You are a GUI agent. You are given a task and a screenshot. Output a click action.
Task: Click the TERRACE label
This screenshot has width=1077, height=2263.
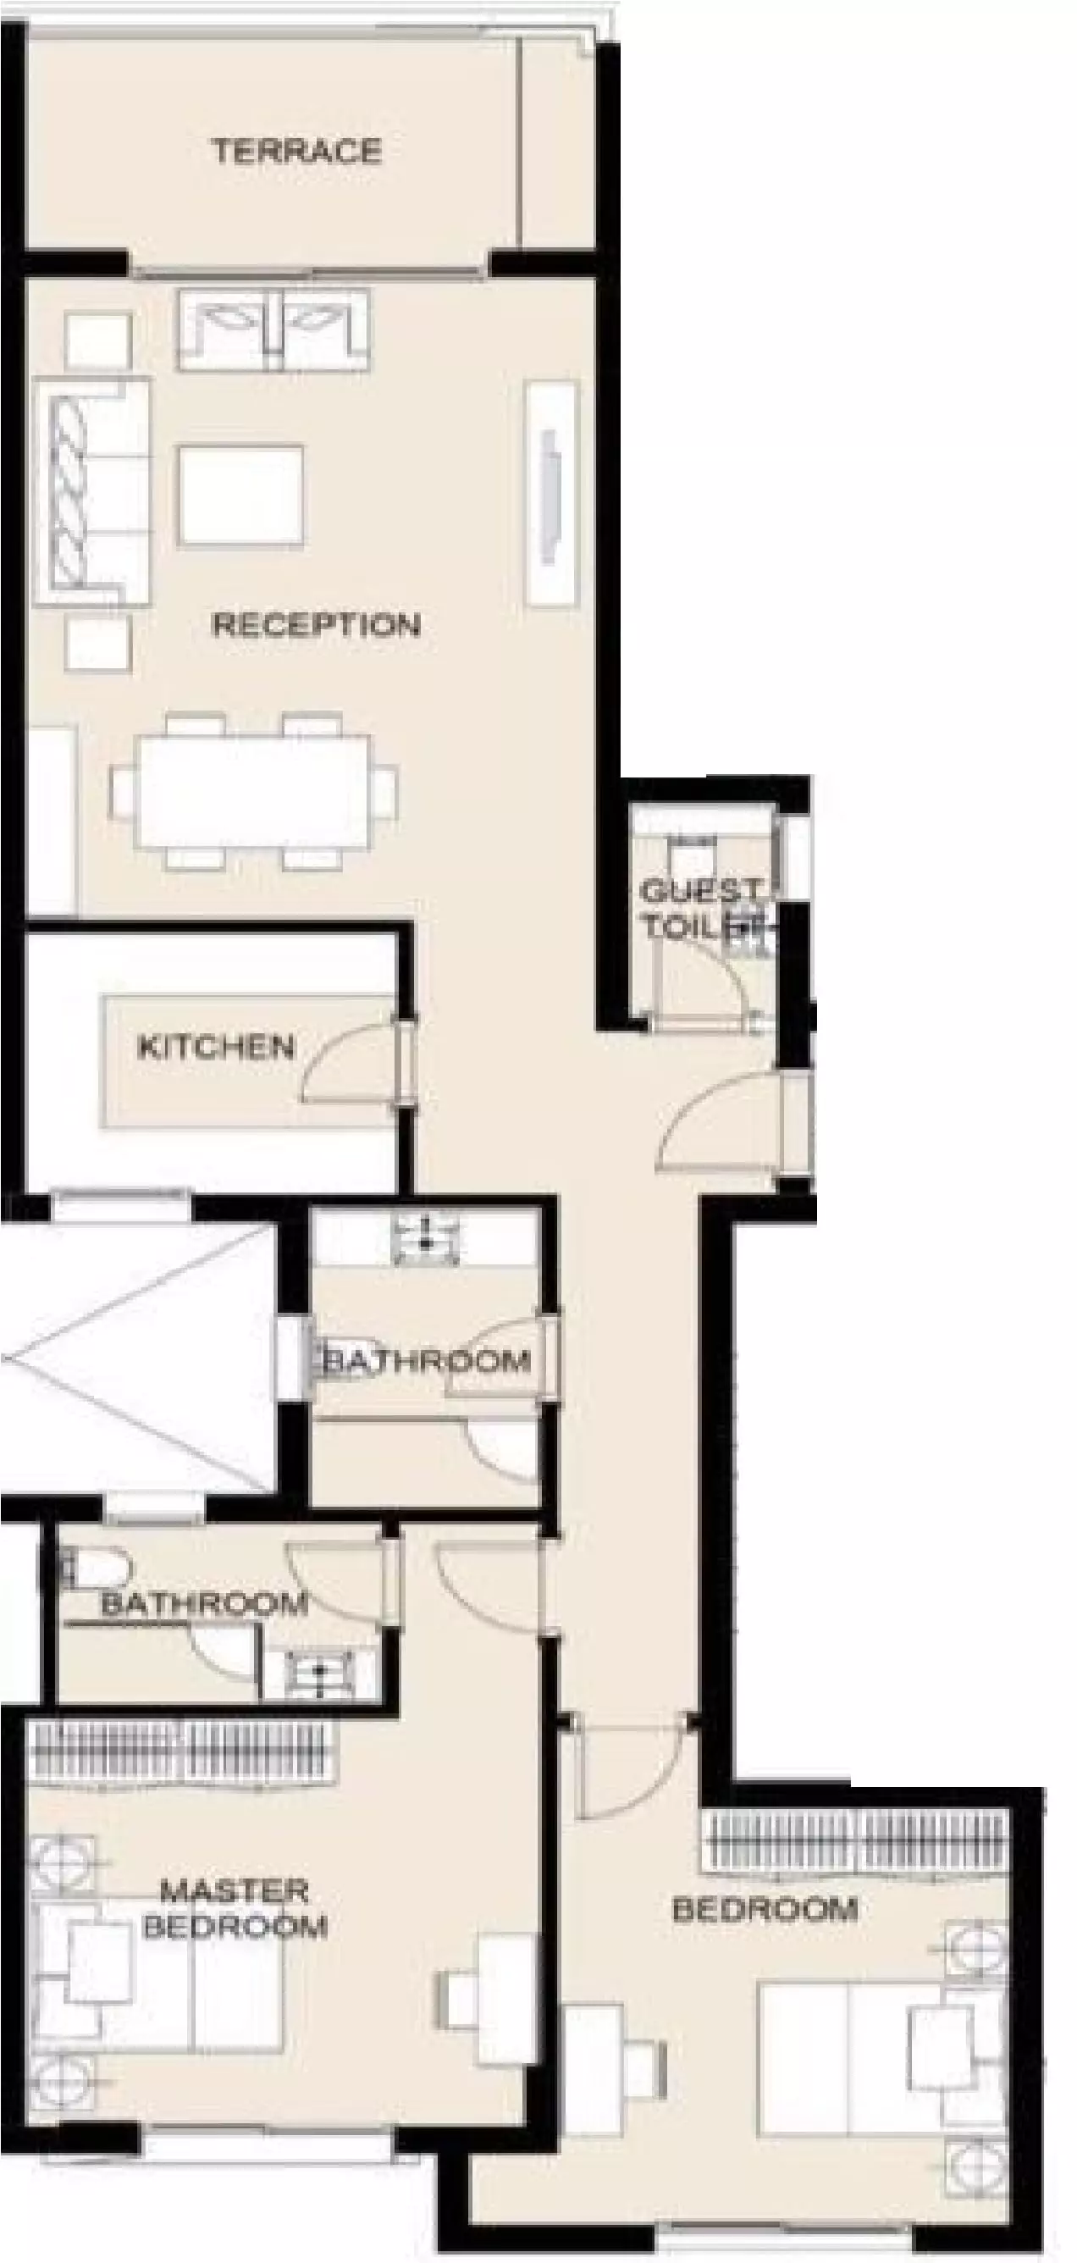(x=297, y=151)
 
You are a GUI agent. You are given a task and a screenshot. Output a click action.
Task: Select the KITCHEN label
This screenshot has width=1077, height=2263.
(x=216, y=1046)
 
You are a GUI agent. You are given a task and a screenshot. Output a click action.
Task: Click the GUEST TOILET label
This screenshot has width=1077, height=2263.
(x=700, y=907)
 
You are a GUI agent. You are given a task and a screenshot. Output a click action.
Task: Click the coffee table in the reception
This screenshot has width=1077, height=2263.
(x=240, y=495)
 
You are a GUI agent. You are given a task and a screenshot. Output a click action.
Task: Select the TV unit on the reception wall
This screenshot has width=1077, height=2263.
(x=552, y=493)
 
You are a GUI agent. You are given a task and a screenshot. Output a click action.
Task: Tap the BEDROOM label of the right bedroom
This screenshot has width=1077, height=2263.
(x=765, y=1909)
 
